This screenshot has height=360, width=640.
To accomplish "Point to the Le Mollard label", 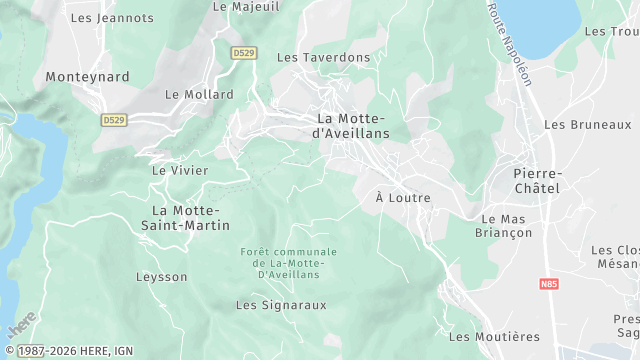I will pos(199,95).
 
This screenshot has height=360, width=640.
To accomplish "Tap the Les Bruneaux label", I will pos(587,125).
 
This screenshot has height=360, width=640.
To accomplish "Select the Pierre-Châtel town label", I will pos(538,180).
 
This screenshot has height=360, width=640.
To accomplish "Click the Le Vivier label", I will pos(180,170).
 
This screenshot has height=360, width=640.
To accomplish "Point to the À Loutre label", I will pos(403,198).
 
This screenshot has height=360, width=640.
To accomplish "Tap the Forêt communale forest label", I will pos(290,262).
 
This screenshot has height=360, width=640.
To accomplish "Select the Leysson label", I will pos(162,276).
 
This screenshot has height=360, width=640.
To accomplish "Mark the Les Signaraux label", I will pos(281,305).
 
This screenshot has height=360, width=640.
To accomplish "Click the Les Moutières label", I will pos(494,337).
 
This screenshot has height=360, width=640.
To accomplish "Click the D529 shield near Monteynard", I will pos(113,119).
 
